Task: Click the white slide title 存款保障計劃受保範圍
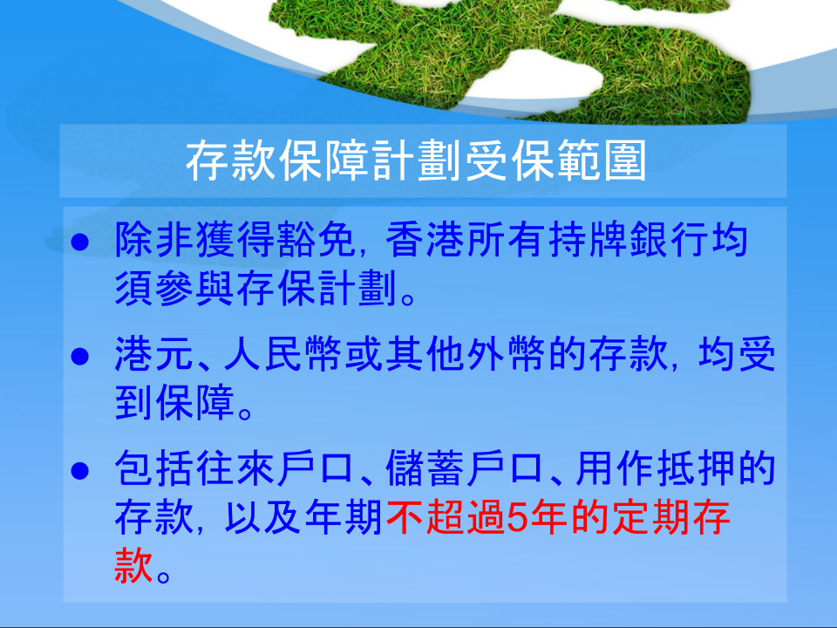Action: click(x=416, y=160)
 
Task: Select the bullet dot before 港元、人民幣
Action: click(x=80, y=356)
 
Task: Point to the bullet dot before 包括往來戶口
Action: click(x=80, y=470)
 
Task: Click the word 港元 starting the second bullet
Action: click(x=153, y=353)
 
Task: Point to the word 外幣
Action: click(x=507, y=353)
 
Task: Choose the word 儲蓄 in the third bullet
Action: click(x=425, y=468)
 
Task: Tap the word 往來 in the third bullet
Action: click(x=235, y=468)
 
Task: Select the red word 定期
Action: click(x=650, y=517)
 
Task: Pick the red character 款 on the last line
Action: click(x=134, y=565)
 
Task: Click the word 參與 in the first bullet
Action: click(x=194, y=289)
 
